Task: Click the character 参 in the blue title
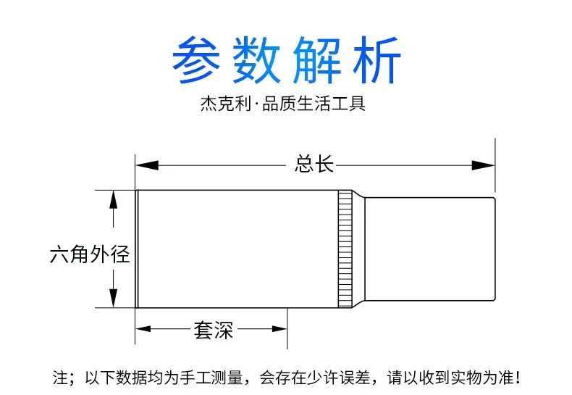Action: (x=196, y=60)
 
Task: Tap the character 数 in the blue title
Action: (x=256, y=60)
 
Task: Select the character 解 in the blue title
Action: (x=316, y=60)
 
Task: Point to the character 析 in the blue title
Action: (x=377, y=60)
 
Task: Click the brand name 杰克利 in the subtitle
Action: (x=226, y=104)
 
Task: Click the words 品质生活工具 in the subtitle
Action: (x=314, y=104)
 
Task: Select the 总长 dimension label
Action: (x=314, y=164)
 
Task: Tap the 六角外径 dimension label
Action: (x=90, y=254)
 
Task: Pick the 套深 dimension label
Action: (x=214, y=330)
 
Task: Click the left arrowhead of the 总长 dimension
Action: (x=147, y=165)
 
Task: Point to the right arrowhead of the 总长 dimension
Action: (x=483, y=165)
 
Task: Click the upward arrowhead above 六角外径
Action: (x=114, y=200)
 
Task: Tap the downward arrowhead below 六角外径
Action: (x=114, y=298)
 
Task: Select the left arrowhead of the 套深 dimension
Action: (x=143, y=329)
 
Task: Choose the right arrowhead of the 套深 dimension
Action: (x=279, y=329)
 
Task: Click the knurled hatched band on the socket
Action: (x=345, y=249)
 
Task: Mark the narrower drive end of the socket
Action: (x=430, y=249)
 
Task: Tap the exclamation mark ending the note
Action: (x=518, y=378)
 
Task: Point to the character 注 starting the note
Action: (x=60, y=378)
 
